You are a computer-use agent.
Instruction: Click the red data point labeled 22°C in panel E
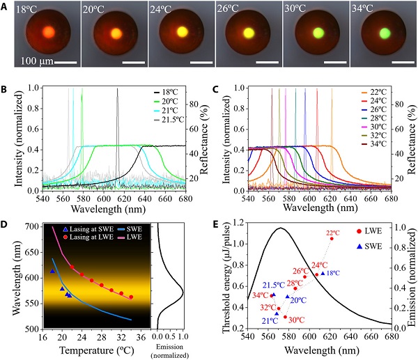pyautogui.click(x=332, y=238)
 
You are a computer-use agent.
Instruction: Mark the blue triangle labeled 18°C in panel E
pyautogui.click(x=323, y=273)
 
